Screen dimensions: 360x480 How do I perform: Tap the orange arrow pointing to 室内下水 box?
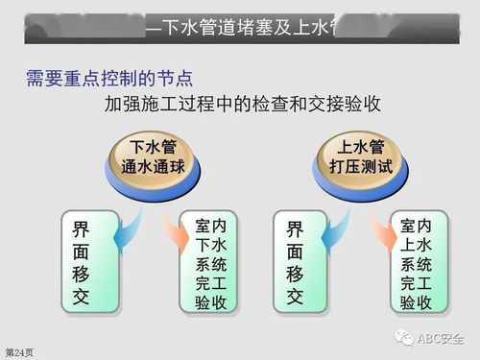pyautogui.click(x=177, y=228)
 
